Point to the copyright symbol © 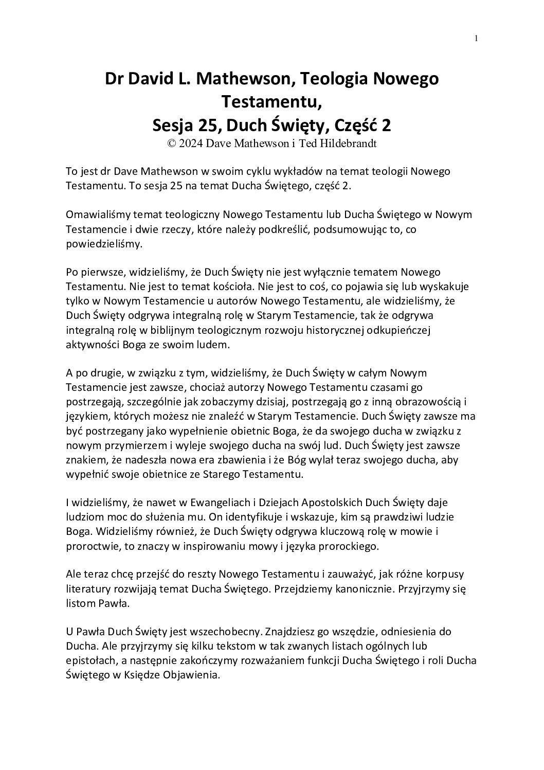[x=171, y=144]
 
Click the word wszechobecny [x=225, y=631]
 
